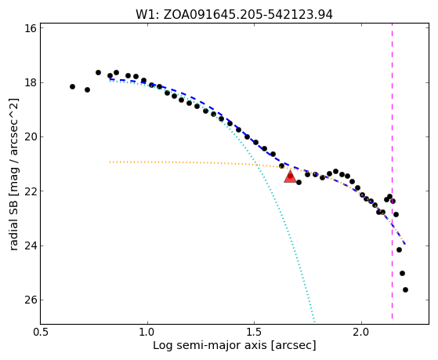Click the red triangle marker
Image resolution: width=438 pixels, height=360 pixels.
pos(290,176)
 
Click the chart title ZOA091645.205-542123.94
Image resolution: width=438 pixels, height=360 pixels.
pos(248,15)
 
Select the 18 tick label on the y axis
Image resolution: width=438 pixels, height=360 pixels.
pos(31,83)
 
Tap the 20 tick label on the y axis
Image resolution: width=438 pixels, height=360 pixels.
pos(31,137)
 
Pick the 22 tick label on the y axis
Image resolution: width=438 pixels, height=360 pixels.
pos(31,191)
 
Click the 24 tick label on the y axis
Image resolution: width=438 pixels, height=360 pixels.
pos(31,245)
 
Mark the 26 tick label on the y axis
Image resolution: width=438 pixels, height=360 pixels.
pos(31,300)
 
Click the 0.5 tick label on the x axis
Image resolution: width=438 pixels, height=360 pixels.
pos(41,333)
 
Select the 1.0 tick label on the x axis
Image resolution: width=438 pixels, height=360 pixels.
pos(147,333)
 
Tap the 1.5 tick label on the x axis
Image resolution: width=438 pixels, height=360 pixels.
pos(254,333)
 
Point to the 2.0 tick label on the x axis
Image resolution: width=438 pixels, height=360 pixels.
pos(361,333)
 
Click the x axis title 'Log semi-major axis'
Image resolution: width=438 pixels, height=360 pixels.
pos(210,346)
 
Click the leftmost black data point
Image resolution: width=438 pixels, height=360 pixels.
pos(72,87)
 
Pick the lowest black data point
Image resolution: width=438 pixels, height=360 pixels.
pos(405,289)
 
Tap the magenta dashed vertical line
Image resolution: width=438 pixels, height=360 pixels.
pos(393,171)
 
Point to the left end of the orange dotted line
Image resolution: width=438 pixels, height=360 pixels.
pos(110,162)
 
